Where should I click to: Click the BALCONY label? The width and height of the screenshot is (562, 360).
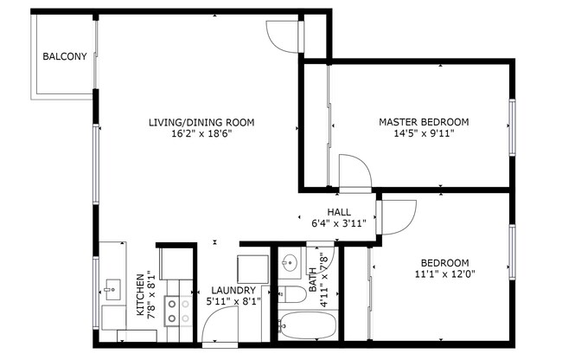pos(65,57)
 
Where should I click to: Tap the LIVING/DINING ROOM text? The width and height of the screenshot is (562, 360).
pos(201,122)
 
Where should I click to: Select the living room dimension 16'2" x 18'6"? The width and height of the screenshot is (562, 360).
pos(201,134)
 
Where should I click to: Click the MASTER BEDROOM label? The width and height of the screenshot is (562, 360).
pos(424,122)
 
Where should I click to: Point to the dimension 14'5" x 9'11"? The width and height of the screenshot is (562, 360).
pos(424,134)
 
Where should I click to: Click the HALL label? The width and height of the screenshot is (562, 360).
pos(338,212)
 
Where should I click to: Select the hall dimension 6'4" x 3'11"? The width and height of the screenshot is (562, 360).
pos(338,223)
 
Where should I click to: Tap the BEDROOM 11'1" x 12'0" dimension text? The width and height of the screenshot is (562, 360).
pos(444,275)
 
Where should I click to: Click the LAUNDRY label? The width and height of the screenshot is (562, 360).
pos(232,290)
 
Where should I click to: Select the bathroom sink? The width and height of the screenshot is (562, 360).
pos(290,262)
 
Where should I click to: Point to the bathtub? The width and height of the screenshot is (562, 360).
pos(306,326)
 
